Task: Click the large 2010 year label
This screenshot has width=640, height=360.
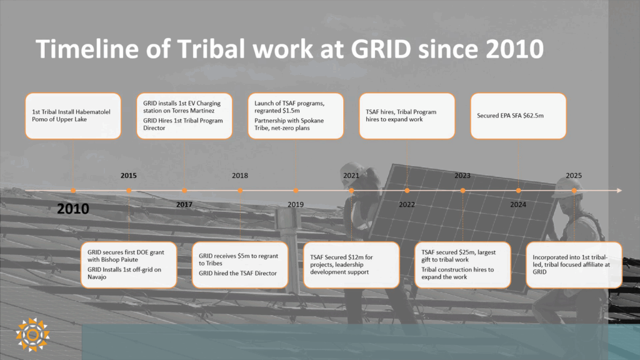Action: [72, 209]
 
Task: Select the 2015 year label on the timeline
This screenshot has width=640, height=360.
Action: [129, 176]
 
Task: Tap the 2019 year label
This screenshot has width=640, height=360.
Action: [296, 204]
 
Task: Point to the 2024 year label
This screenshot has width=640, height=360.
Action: [518, 204]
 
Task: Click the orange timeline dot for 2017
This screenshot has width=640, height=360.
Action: [184, 191]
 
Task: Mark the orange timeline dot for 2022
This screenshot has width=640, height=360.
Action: [407, 191]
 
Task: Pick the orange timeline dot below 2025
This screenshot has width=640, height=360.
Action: [574, 191]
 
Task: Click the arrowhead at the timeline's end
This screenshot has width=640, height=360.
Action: [619, 191]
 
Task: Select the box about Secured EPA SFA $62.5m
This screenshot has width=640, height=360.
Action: [518, 116]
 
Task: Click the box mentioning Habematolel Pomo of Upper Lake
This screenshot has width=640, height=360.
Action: [73, 116]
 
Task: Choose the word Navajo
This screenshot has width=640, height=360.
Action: [97, 277]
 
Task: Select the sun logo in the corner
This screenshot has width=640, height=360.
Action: [32, 335]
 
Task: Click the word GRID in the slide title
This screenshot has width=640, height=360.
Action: [381, 49]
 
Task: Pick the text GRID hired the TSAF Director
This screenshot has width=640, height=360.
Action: [237, 273]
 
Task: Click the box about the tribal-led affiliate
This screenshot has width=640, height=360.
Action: [574, 265]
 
